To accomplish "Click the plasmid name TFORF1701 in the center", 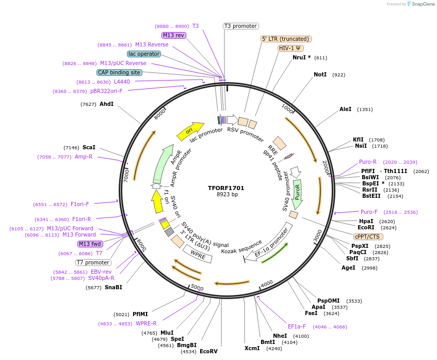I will [x=226, y=188].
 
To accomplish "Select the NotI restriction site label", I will [x=320, y=75].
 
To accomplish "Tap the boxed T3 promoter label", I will [x=240, y=26].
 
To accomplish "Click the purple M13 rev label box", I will [x=173, y=35].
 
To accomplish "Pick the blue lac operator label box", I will [x=143, y=54].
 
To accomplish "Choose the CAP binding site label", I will [x=119, y=72].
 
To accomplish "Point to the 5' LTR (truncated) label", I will [x=286, y=39].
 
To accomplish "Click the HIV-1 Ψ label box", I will [x=290, y=48].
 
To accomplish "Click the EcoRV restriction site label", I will [x=208, y=351].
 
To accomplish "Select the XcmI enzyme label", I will [x=252, y=349].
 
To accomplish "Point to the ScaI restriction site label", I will [x=89, y=147].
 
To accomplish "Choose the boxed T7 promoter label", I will [x=93, y=262].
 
